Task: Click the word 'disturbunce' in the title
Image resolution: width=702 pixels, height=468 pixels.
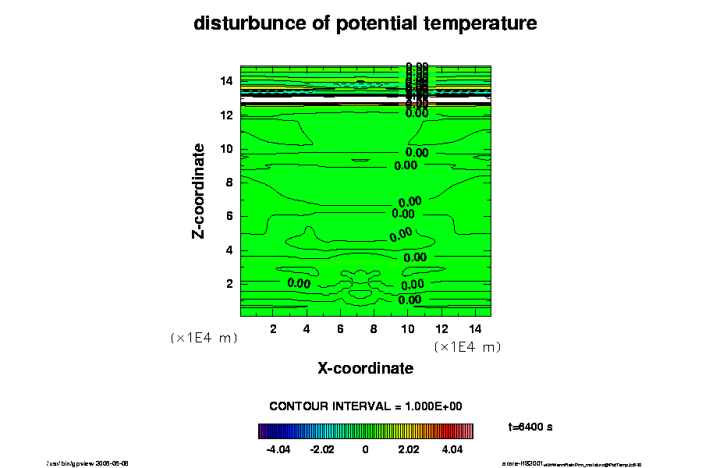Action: [239, 23]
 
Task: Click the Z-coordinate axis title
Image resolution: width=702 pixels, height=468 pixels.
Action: [200, 190]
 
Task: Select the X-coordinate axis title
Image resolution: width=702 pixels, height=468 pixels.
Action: [365, 368]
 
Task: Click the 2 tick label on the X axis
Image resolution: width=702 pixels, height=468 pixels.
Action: [273, 328]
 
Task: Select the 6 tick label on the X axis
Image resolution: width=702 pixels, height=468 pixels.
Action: [340, 328]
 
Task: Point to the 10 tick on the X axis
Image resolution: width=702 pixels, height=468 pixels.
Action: [407, 328]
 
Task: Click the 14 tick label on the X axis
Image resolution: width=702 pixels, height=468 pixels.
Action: [474, 328]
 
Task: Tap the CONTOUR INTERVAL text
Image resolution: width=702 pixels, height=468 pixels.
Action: [366, 406]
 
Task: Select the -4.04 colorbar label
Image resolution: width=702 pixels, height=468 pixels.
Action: [278, 450]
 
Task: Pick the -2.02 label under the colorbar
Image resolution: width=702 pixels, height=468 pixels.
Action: [322, 450]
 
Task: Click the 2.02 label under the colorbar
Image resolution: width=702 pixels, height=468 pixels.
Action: [409, 450]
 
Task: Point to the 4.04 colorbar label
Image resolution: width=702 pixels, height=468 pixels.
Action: [452, 450]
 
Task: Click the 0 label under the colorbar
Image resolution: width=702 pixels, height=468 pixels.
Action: [366, 450]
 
